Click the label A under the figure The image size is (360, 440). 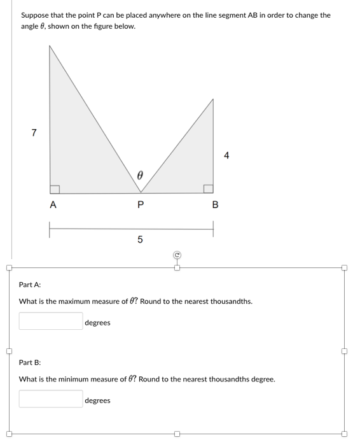point(53,205)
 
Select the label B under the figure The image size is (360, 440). point(214,205)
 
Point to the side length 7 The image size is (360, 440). point(34,132)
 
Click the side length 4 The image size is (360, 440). point(226,155)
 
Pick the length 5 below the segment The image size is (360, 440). point(140,240)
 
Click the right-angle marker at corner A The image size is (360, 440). point(55,188)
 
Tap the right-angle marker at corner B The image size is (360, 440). point(208,188)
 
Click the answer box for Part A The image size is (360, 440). point(50,321)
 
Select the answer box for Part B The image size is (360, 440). point(50,399)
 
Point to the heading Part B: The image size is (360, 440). point(30,362)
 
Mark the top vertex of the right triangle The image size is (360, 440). point(213,99)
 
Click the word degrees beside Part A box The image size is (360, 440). point(97,323)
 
